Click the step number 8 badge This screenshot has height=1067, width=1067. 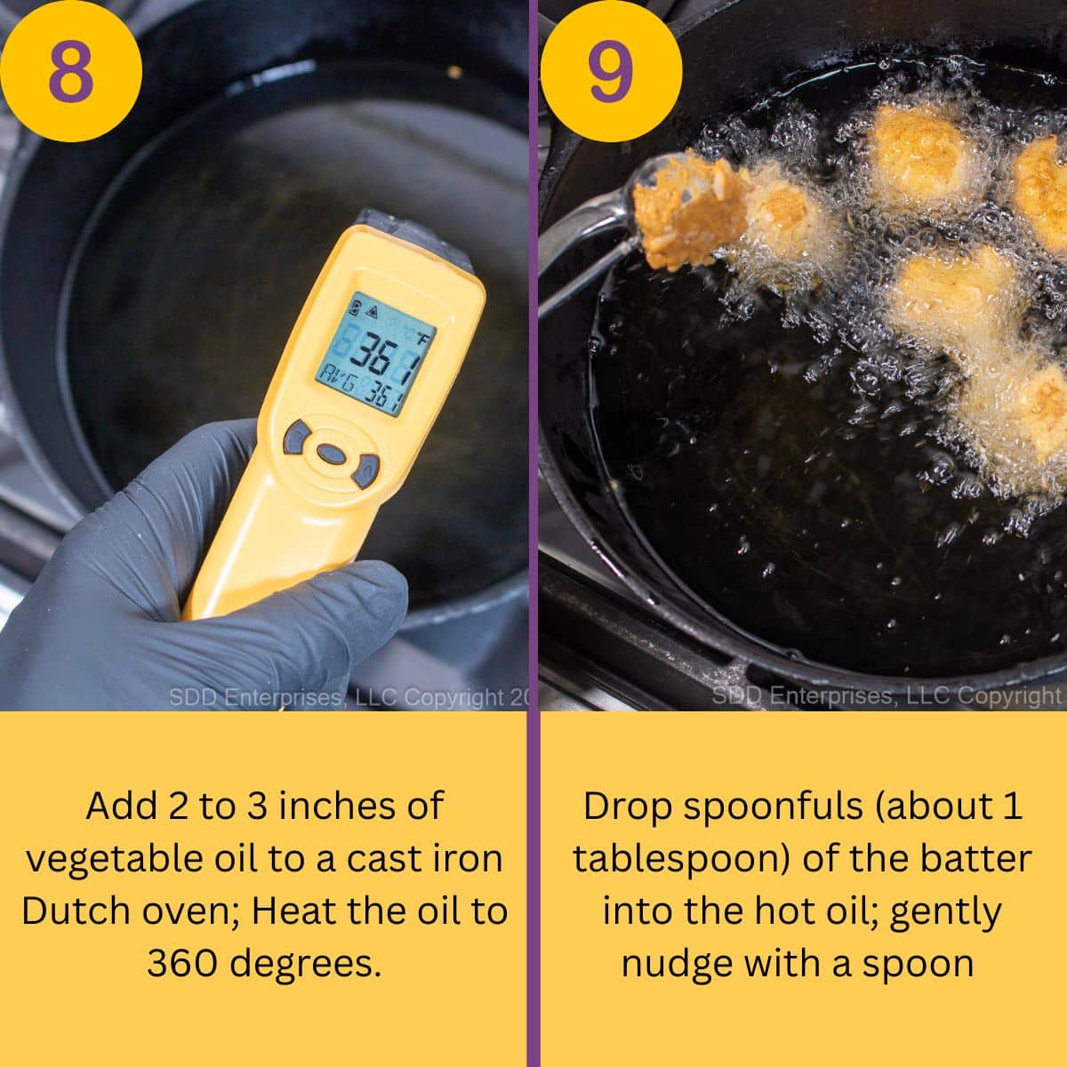click(x=70, y=71)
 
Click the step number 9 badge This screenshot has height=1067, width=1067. click(x=611, y=71)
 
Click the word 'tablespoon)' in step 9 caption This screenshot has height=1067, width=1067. click(x=681, y=859)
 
